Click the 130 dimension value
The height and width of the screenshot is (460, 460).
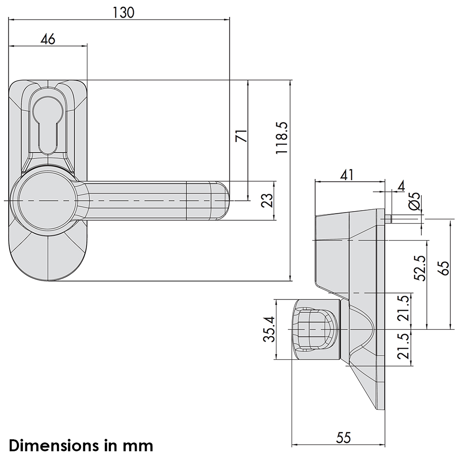point(123,12)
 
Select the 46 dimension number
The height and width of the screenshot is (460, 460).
point(48,39)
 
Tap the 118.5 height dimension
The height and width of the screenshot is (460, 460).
point(282,138)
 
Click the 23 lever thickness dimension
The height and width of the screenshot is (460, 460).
point(267,201)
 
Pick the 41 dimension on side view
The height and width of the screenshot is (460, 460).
point(346,175)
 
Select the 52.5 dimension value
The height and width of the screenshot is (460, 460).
point(420,268)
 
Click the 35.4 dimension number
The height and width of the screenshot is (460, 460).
point(269,329)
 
